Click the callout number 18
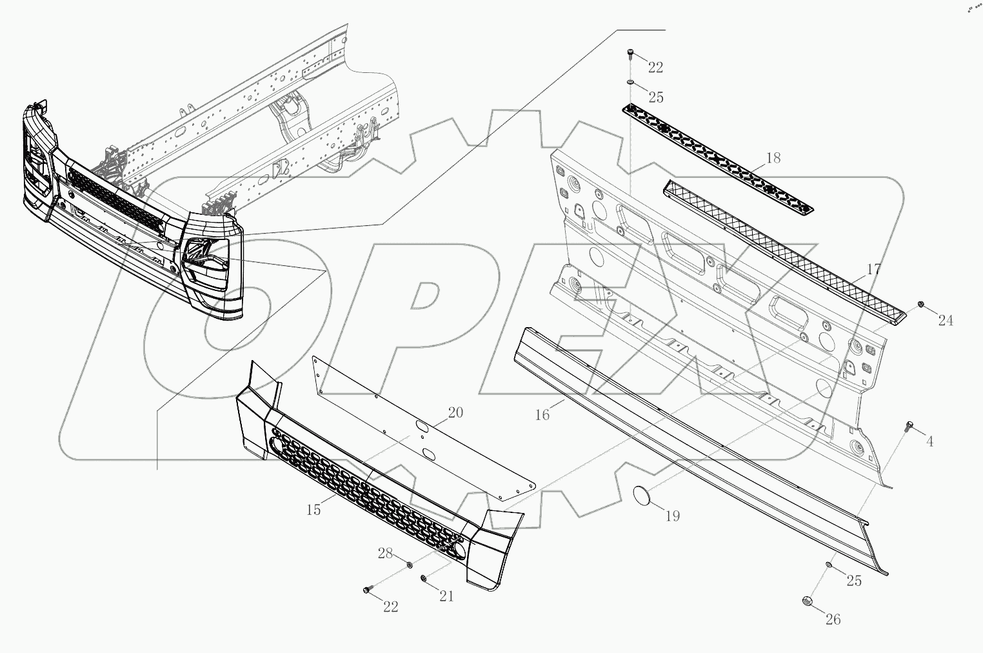(773, 158)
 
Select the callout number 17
(873, 270)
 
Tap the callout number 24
(945, 319)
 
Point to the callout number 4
(929, 442)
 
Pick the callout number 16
(542, 415)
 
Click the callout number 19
(672, 516)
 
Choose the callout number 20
(455, 413)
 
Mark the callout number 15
(313, 510)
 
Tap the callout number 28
(384, 554)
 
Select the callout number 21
(446, 596)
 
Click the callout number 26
(833, 619)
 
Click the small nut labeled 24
(921, 304)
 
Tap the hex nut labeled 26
(806, 601)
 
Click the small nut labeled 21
(424, 578)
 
